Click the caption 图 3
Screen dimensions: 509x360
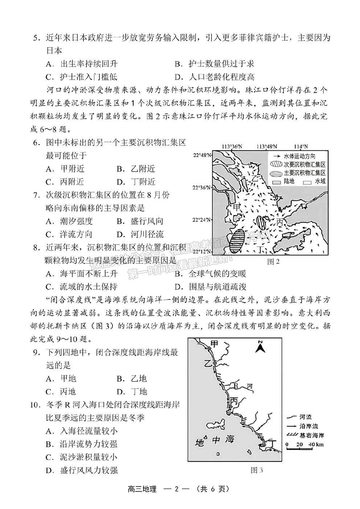(x=257, y=471)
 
